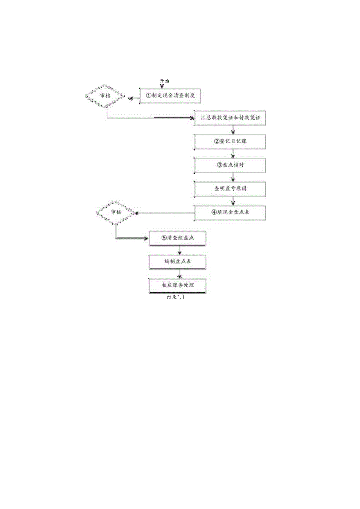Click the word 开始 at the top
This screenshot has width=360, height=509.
click(x=164, y=81)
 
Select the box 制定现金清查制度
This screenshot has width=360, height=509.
click(x=170, y=95)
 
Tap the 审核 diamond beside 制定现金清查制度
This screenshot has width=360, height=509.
click(x=106, y=95)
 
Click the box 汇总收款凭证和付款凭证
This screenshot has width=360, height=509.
click(x=230, y=118)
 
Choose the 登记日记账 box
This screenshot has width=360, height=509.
click(x=230, y=142)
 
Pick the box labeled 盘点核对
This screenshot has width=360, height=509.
click(x=230, y=165)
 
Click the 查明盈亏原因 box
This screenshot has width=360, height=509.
click(x=230, y=189)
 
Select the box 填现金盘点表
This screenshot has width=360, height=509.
click(x=230, y=212)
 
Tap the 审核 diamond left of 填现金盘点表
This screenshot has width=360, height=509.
click(x=116, y=212)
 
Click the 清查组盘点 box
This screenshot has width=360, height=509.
click(x=178, y=238)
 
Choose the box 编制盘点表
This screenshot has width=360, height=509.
click(x=178, y=262)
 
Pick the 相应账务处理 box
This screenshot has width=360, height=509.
click(x=178, y=285)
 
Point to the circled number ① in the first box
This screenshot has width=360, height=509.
click(x=148, y=95)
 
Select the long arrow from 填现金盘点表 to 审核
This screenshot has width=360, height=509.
click(x=164, y=213)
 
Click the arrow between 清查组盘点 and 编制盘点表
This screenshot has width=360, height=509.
click(x=179, y=250)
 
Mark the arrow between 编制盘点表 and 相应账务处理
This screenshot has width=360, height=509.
click(x=179, y=274)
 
